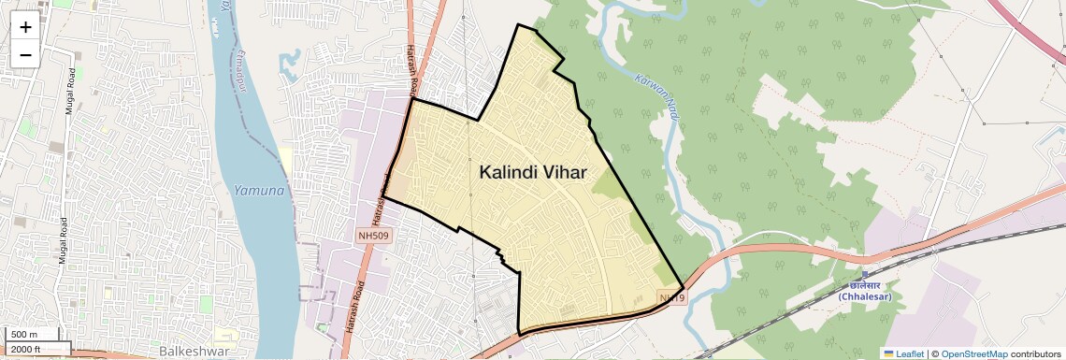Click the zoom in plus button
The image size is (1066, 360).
25,27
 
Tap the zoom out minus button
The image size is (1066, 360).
25,54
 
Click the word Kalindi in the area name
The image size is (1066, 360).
513,172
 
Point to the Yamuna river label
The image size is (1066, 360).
259,191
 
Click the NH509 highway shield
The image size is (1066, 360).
372,236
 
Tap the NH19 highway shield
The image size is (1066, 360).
671,298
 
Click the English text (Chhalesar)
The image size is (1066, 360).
865,296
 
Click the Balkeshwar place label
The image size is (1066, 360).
194,351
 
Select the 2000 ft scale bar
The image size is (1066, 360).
28,349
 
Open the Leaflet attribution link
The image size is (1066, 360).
910,353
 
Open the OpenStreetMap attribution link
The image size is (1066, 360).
974,353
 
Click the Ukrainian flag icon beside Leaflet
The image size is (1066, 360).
888,353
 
